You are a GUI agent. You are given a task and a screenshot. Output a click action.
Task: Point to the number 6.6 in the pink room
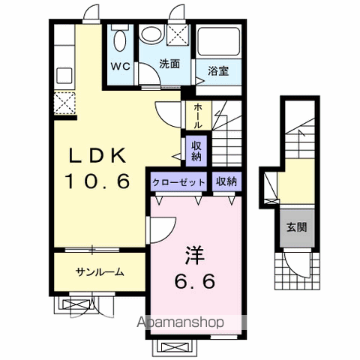tap(194, 281)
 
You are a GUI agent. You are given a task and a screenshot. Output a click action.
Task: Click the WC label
tap(121, 65)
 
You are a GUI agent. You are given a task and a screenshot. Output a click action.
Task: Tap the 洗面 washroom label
tap(169, 64)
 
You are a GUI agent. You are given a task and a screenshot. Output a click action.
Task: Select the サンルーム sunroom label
tap(99, 271)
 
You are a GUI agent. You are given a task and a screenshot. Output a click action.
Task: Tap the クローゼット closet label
tap(178, 181)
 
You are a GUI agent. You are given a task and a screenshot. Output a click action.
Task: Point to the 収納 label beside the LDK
tap(195, 151)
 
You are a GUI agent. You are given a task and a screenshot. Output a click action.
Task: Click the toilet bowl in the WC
tap(120, 37)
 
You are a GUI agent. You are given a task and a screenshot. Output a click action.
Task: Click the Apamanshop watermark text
tap(179, 323)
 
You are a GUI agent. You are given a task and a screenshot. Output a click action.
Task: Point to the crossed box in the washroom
tap(179, 34)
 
